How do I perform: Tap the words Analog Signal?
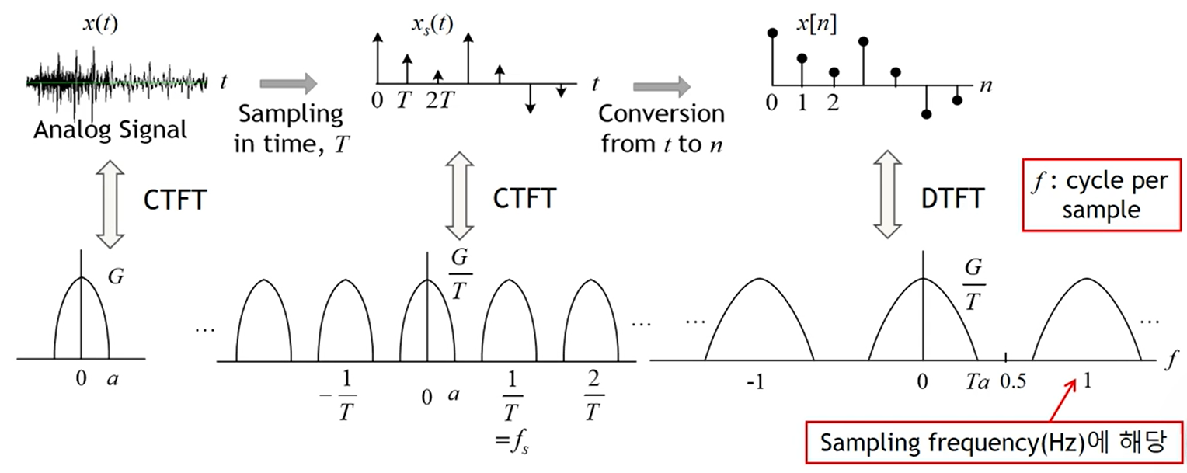point(110,129)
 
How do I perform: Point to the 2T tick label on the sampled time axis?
point(440,102)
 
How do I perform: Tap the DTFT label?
point(954,199)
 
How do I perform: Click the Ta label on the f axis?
point(976,382)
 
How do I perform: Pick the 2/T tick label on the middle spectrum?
point(593,398)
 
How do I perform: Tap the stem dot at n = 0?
point(771,33)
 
